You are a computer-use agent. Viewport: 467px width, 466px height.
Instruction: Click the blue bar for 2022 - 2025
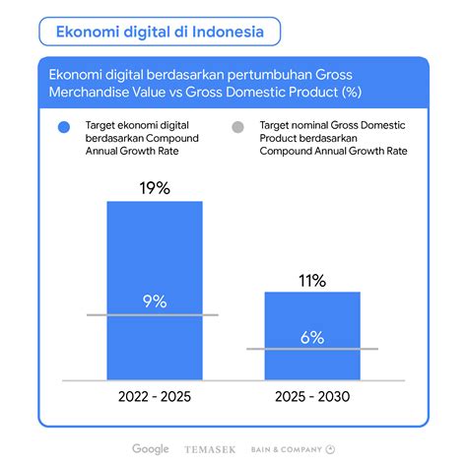(x=155, y=291)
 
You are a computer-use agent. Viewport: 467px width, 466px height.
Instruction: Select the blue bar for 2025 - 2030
(x=312, y=336)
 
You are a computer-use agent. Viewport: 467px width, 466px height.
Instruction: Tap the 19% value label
(x=155, y=188)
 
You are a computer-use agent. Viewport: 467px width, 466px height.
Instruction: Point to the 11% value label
(x=312, y=281)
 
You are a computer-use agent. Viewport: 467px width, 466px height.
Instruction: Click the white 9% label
(x=155, y=301)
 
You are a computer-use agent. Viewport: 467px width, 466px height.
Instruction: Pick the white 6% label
(x=312, y=337)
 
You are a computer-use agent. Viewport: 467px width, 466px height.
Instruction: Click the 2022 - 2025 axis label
(x=155, y=397)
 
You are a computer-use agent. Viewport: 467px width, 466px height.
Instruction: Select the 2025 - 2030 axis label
(x=312, y=397)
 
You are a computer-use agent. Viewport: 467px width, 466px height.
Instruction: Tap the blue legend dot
(x=64, y=127)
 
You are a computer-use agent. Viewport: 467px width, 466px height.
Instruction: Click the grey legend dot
(x=237, y=127)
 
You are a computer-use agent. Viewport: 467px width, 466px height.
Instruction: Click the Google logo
(x=151, y=449)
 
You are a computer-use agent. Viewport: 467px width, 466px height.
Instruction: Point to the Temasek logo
(x=210, y=449)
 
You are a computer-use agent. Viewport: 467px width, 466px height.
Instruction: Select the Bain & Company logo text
(x=287, y=449)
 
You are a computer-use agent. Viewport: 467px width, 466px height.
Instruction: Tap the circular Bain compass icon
(x=330, y=449)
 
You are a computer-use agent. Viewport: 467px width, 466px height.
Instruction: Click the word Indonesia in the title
(x=228, y=32)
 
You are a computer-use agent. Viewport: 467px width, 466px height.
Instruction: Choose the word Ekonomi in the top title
(x=88, y=32)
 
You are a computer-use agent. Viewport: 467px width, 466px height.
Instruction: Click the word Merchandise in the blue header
(x=89, y=92)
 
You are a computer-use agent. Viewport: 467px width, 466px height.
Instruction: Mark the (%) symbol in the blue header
(x=352, y=92)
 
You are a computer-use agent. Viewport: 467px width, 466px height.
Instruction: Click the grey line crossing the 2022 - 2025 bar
(x=153, y=315)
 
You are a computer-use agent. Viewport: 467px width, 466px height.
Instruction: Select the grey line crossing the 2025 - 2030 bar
(x=312, y=349)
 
